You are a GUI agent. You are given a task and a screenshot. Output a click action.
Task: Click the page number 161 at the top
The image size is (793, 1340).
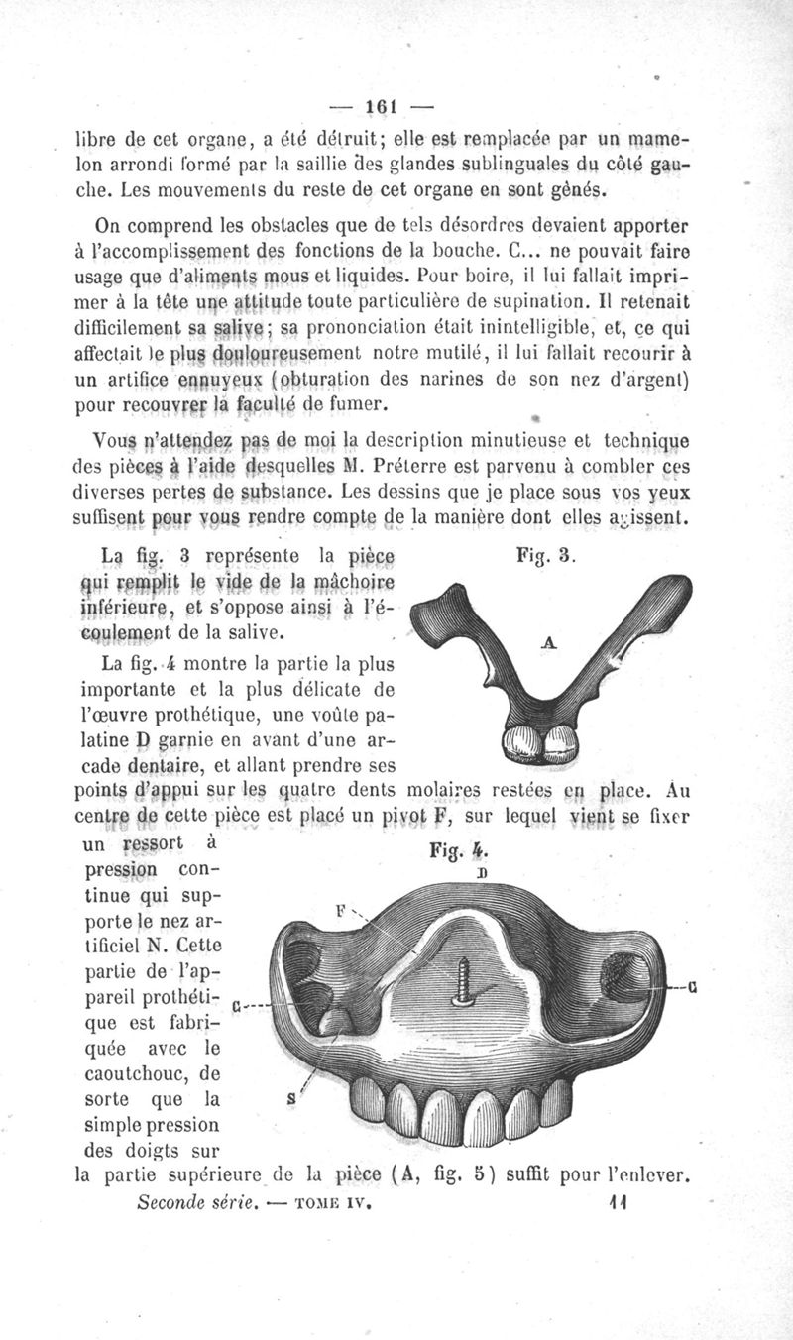(381, 108)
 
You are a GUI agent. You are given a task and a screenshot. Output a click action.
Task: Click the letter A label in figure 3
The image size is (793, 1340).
(548, 642)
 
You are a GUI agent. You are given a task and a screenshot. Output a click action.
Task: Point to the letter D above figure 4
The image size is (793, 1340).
(482, 873)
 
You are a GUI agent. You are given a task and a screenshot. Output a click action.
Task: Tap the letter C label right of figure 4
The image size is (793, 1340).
(692, 986)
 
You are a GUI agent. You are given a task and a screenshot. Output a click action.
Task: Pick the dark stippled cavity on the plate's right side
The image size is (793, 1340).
(625, 976)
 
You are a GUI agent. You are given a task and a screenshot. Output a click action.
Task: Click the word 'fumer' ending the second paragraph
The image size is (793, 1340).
(353, 404)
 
